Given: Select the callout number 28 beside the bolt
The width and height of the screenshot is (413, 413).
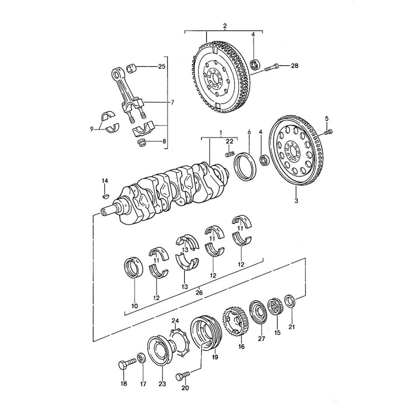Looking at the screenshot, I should click(294, 66).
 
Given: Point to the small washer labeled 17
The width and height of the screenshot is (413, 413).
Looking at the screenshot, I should click(141, 357).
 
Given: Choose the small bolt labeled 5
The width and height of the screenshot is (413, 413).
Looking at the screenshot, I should click(329, 132).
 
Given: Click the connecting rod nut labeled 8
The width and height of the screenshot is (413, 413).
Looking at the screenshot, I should click(142, 143).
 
